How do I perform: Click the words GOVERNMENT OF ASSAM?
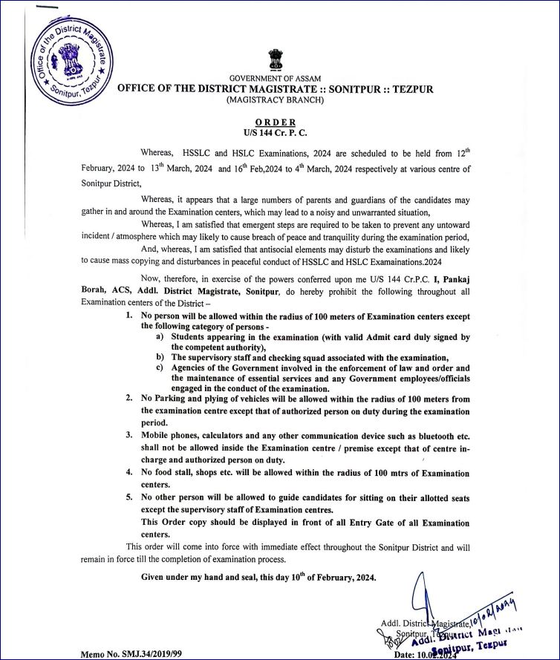tap(275, 79)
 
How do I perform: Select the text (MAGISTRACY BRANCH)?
tap(275, 99)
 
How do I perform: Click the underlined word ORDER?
tap(275, 122)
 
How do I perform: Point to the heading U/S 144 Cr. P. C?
tap(275, 132)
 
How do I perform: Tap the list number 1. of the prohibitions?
tap(128, 316)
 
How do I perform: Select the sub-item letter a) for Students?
tap(160, 337)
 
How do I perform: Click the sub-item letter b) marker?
tap(160, 357)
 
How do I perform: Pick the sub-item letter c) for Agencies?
tap(160, 367)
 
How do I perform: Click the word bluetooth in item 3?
tap(429, 434)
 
